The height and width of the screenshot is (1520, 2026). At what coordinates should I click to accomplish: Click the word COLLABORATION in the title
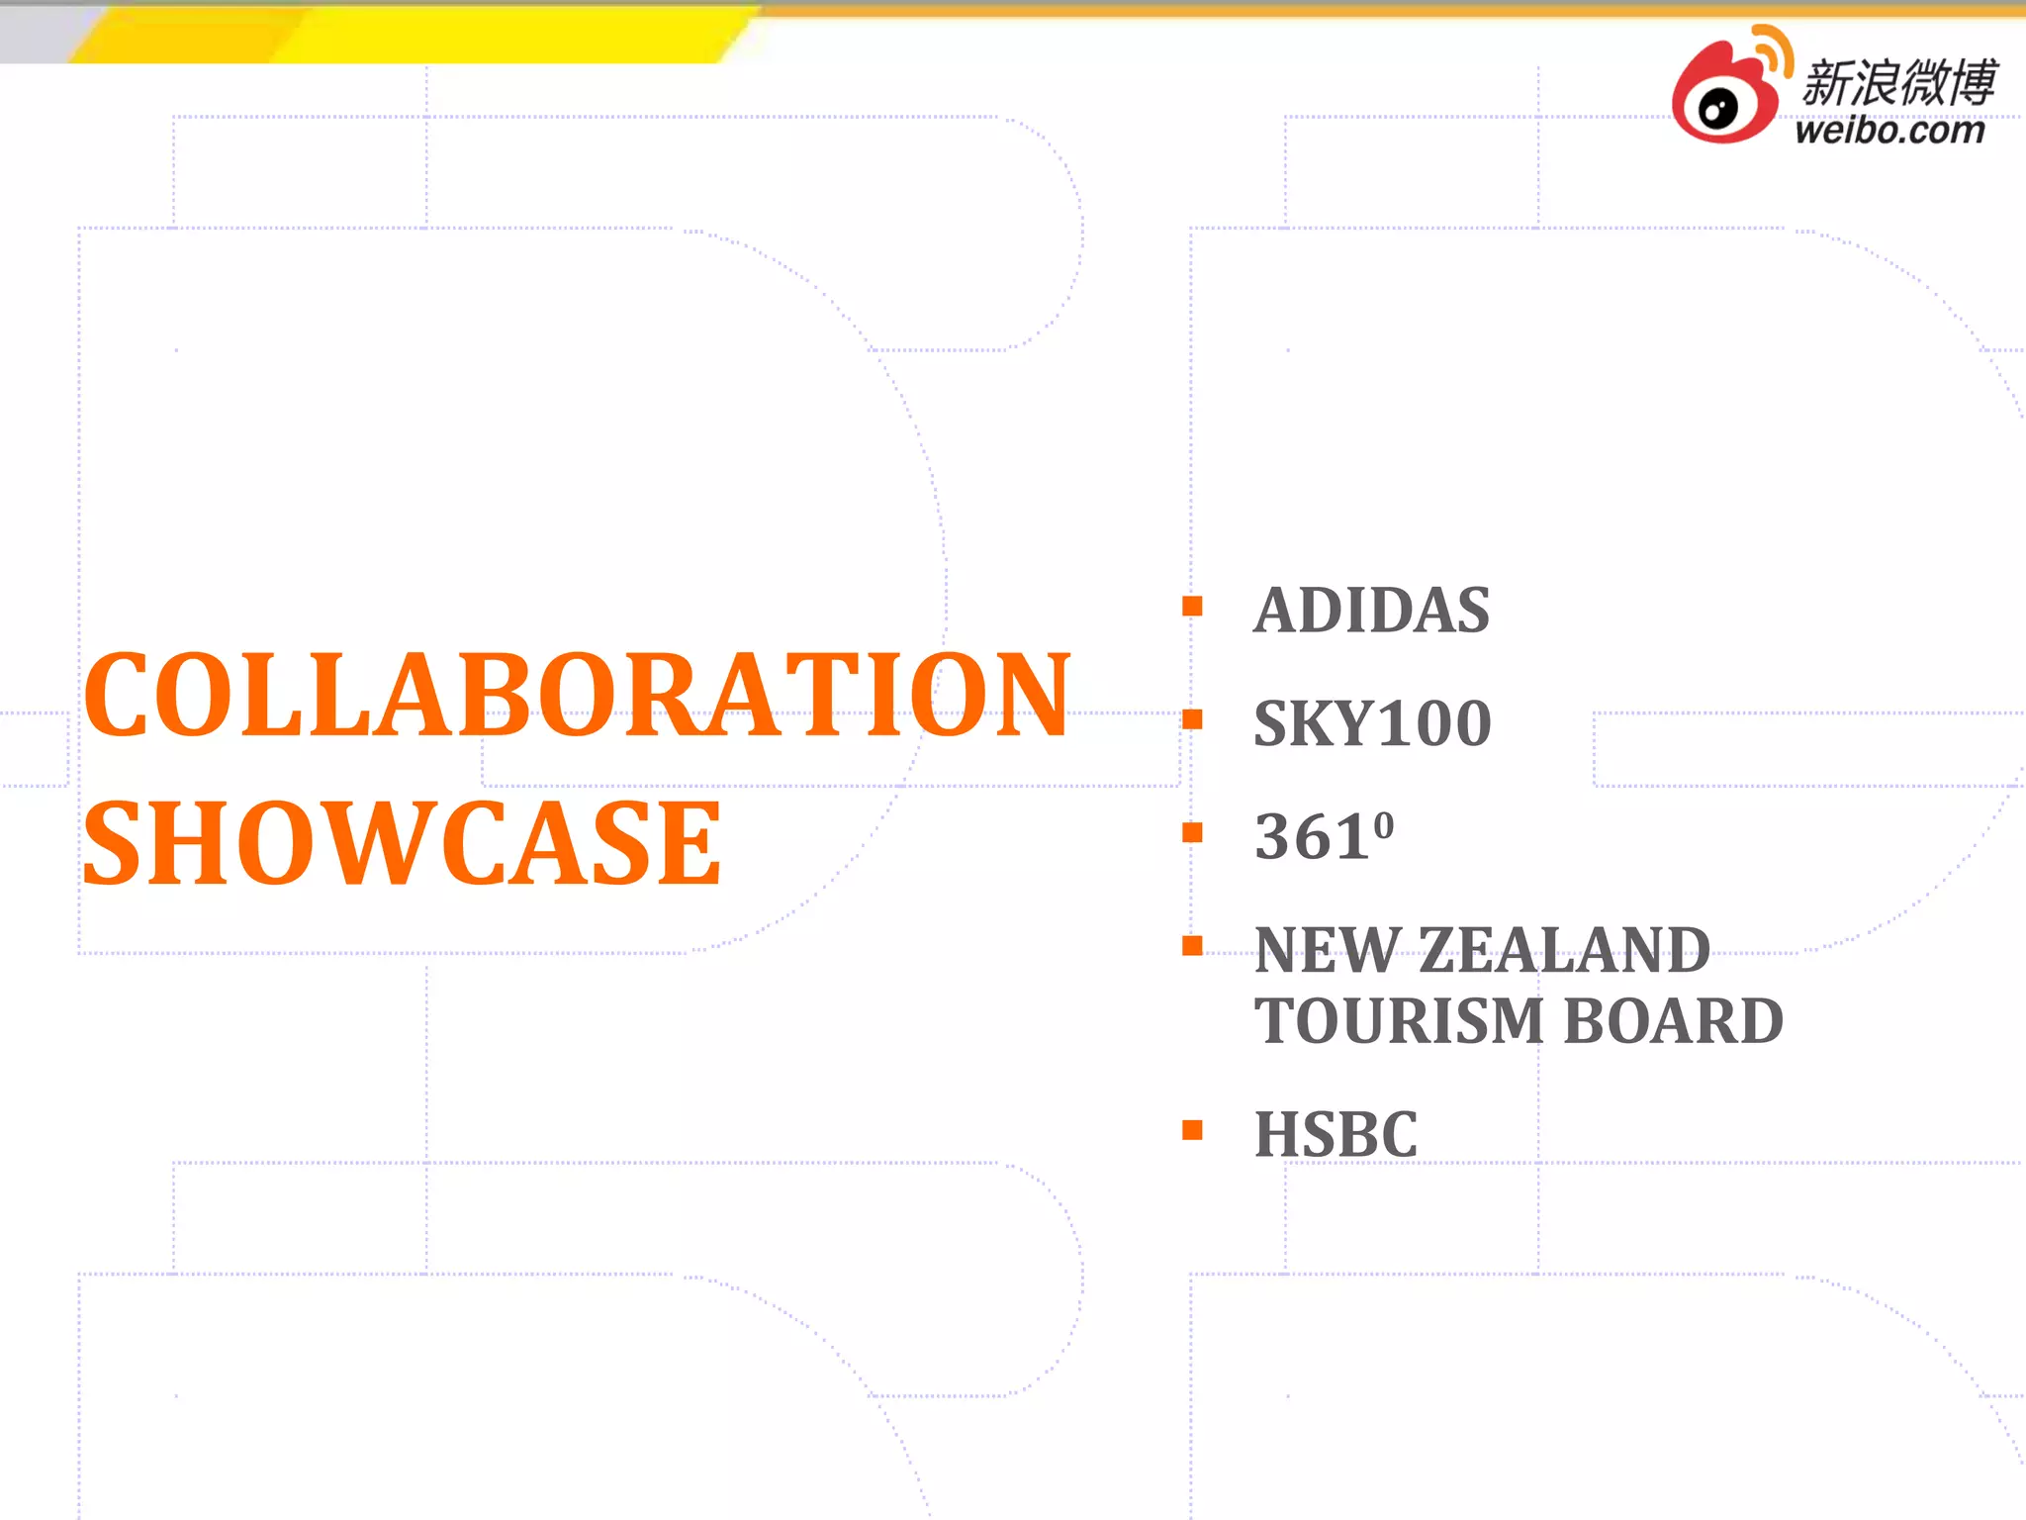pos(577,695)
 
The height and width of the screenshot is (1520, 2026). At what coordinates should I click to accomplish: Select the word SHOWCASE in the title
pos(403,844)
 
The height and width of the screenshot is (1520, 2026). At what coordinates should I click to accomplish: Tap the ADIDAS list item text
pos(1371,610)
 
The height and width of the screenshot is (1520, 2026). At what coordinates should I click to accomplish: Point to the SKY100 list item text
pos(1372,723)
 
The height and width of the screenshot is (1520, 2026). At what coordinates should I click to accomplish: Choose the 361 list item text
pos(1311,837)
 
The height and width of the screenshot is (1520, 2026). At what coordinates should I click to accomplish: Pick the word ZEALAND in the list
pos(1564,951)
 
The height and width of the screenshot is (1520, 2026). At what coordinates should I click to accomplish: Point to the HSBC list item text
pos(1335,1134)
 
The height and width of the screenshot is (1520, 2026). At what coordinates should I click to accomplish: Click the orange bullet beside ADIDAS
pos(1192,606)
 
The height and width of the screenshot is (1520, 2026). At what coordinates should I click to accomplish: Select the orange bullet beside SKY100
pos(1192,719)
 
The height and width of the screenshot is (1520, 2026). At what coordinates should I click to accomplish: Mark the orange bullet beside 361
pos(1192,833)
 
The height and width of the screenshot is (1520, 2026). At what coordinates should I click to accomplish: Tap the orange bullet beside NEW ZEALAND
pos(1192,946)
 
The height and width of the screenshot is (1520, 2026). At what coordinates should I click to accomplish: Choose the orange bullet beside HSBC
pos(1192,1130)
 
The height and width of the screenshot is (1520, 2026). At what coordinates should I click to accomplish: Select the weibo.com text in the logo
pos(1889,131)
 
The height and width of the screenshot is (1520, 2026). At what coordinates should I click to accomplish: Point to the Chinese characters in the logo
pos(1898,81)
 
